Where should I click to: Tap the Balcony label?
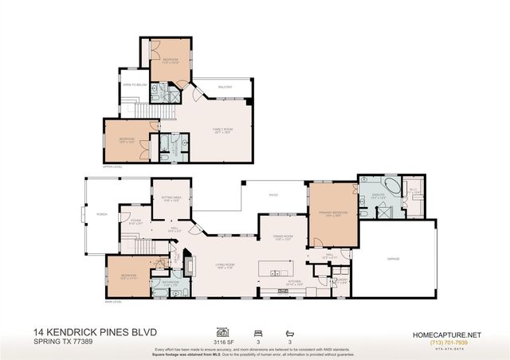(x=226, y=87)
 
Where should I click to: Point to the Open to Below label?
(x=133, y=84)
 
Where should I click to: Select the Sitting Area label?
(x=172, y=200)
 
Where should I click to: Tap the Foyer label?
(x=135, y=222)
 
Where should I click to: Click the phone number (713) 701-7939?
(x=443, y=342)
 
